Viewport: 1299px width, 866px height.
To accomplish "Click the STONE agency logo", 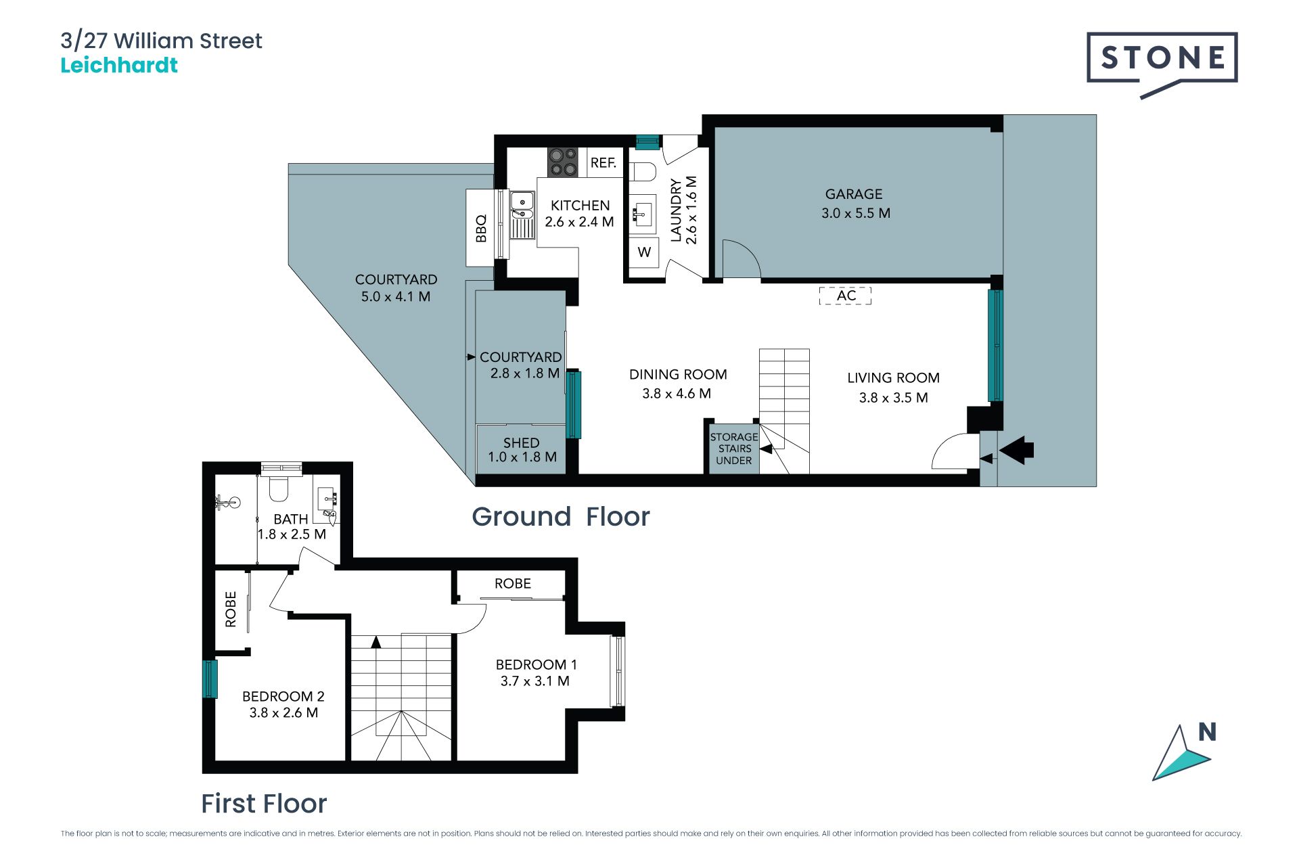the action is pos(1162,64).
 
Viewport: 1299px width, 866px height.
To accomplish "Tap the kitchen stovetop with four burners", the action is pos(562,162).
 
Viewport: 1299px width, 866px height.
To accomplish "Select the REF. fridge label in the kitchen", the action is pos(603,163).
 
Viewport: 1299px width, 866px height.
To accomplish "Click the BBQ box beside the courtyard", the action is pos(481,227).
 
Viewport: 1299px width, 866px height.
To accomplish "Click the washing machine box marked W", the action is pos(644,252).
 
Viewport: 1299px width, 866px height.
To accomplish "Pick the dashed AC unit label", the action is pos(846,296).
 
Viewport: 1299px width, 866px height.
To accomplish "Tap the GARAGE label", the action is pos(854,194).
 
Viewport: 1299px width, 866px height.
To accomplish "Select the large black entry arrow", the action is pos(1016,449).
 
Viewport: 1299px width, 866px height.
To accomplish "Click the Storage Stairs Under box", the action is pos(734,449).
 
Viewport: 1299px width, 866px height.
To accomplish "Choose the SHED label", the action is pos(521,443).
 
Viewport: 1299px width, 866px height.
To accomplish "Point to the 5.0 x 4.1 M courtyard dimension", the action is pos(396,296).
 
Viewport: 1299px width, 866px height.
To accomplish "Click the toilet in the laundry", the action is pos(643,171).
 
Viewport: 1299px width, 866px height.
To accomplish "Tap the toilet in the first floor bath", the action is pos(279,488).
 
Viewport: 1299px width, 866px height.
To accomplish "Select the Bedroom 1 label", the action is pos(536,664).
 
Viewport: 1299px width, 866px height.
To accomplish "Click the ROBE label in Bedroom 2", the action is pos(231,609).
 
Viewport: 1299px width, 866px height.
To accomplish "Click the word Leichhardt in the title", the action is pos(119,65).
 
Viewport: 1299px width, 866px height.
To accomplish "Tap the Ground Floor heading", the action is pos(560,517).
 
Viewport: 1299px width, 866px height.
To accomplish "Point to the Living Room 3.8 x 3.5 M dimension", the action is pos(893,398).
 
